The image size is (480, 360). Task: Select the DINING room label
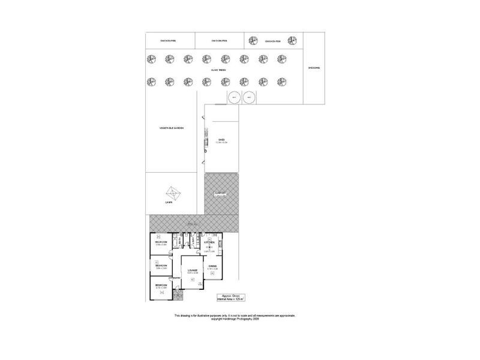(x=212, y=265)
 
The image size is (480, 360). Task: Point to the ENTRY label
(x=175, y=278)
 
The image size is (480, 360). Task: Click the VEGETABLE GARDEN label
(x=171, y=128)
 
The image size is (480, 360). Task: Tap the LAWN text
(x=169, y=203)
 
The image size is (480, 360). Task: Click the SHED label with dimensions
(x=221, y=141)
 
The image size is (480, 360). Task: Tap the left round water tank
(x=233, y=97)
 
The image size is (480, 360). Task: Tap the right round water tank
(x=249, y=97)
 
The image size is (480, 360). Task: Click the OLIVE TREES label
(x=218, y=71)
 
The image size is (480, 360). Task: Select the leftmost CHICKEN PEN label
(x=168, y=41)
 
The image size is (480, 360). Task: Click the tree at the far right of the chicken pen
(x=292, y=40)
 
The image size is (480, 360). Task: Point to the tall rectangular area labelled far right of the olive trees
(x=314, y=68)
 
